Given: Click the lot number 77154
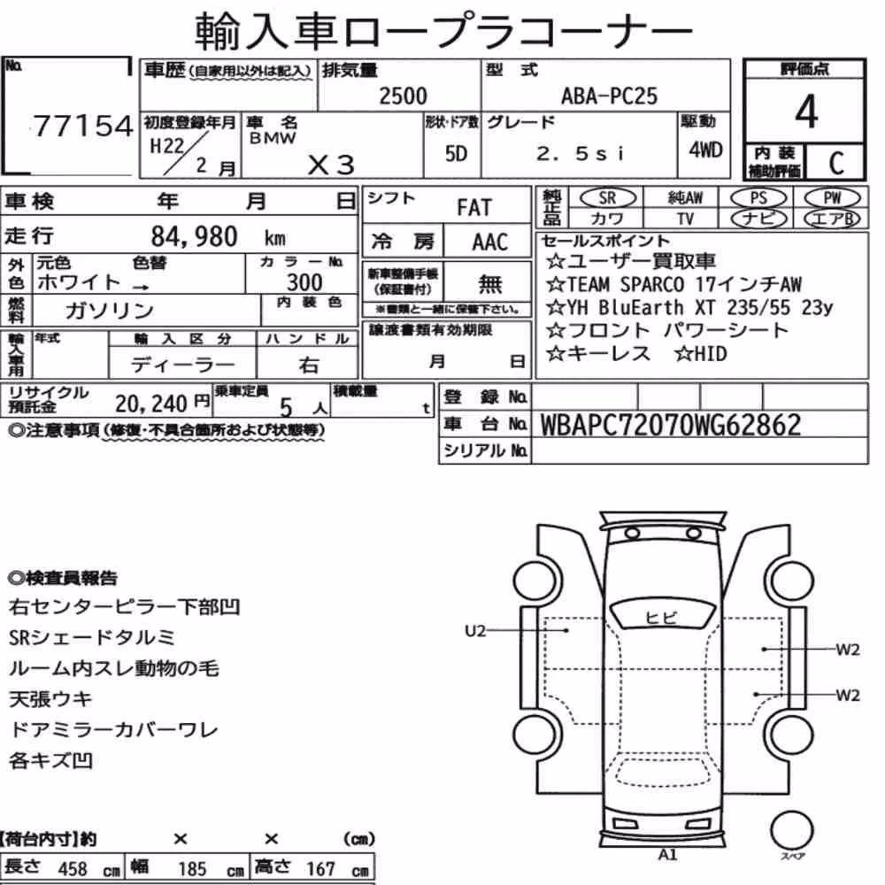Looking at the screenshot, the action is pos(82,126).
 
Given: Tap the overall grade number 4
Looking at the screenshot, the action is pos(806,112).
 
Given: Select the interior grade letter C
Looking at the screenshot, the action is pos(836,163).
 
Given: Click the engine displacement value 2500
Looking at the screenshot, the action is pos(403,96).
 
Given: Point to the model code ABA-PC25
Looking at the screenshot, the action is pos(609,96).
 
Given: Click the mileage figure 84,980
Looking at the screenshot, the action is pos(194,236).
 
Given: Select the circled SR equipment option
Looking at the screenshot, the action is pos(607,198).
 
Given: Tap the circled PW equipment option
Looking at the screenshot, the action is pos(832,198).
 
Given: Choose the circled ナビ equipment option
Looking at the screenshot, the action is pos(758,219).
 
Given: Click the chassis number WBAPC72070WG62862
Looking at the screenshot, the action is pos(671,425).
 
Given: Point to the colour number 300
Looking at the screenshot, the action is pos(304,282).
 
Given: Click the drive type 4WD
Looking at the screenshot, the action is pos(705,150).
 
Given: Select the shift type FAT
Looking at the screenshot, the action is pos(474,208).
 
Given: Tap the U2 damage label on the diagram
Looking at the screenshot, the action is pos(475,630).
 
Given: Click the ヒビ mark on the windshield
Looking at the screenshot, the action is pos(660,618).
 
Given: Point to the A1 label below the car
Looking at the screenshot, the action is pos(667,855).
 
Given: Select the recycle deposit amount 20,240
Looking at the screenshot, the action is pos(151,404).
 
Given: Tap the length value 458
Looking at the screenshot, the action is pos(73,869).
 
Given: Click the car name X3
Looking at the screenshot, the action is pos(331,165).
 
